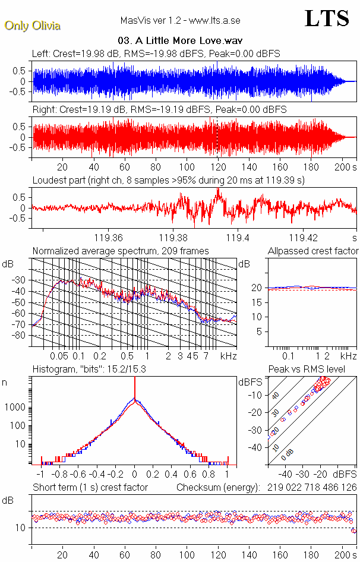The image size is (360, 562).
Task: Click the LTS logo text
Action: [x=326, y=18]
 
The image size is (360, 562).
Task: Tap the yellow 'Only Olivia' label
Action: [x=32, y=26]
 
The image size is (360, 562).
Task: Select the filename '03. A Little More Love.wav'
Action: [x=179, y=41]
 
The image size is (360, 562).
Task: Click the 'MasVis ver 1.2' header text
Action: [x=180, y=21]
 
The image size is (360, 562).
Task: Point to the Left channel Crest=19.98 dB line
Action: [x=156, y=54]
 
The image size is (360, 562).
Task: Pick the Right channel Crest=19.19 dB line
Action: [x=159, y=110]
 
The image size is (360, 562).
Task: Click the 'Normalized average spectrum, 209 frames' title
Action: [x=120, y=251]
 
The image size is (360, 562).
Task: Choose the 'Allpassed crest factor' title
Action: [x=313, y=251]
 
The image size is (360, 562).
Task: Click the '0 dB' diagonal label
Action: [x=288, y=454]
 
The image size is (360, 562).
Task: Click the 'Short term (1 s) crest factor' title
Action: [x=90, y=488]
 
